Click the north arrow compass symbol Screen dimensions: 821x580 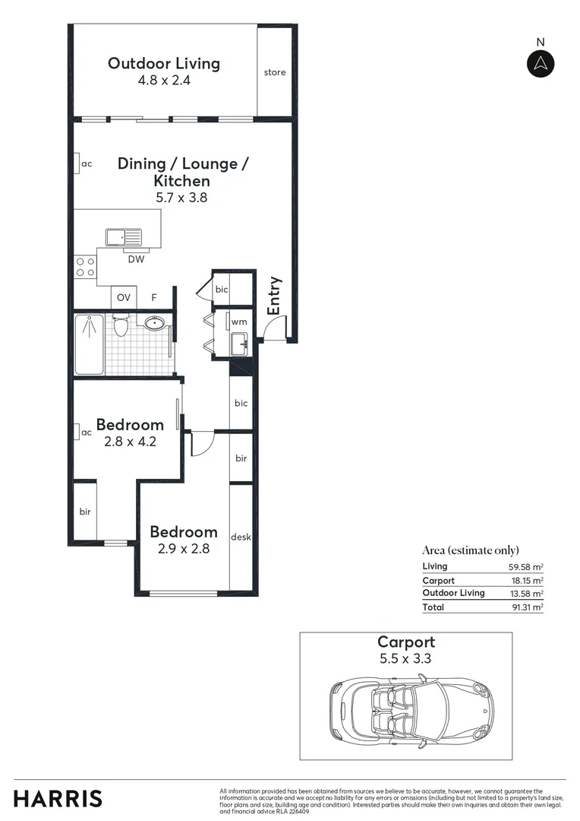pyautogui.click(x=541, y=63)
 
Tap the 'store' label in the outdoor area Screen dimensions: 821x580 pyautogui.click(x=275, y=73)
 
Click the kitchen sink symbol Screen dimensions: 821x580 pyautogui.click(x=123, y=238)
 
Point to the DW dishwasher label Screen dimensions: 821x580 pyautogui.click(x=136, y=260)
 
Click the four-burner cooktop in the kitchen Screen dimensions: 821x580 pyautogui.click(x=85, y=267)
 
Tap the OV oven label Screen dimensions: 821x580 pyautogui.click(x=123, y=297)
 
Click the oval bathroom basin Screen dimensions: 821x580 pyautogui.click(x=155, y=323)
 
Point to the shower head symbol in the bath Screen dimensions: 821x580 pyautogui.click(x=90, y=327)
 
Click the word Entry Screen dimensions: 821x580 pyautogui.click(x=275, y=295)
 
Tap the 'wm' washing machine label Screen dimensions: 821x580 pyautogui.click(x=238, y=322)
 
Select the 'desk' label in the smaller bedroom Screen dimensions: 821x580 pyautogui.click(x=241, y=537)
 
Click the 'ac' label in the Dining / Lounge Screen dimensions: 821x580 pyautogui.click(x=87, y=163)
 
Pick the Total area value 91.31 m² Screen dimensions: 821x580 pyautogui.click(x=526, y=607)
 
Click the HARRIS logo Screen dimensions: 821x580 pyautogui.click(x=58, y=798)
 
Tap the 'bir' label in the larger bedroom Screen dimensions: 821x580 pyautogui.click(x=85, y=512)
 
